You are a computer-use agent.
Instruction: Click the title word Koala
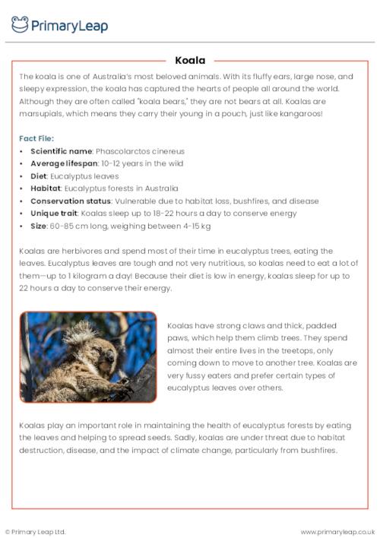[x=190, y=60]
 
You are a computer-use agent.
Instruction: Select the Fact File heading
[x=36, y=138]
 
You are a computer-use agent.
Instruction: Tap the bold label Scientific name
[x=61, y=151]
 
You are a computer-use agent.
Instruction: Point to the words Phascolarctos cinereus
[x=140, y=151]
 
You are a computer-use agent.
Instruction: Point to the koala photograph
[x=88, y=356]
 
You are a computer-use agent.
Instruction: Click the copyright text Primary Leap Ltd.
[x=37, y=531]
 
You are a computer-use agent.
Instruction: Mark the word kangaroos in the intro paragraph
[x=297, y=114]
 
